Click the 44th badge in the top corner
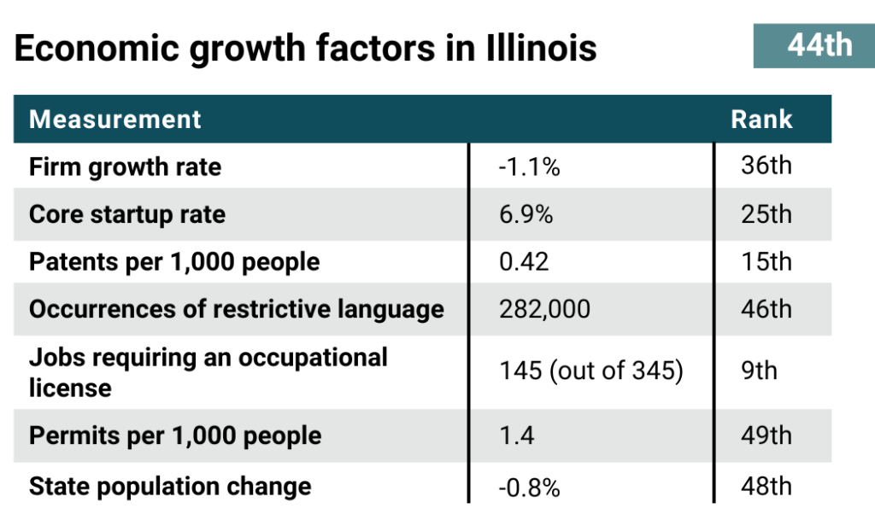(x=819, y=45)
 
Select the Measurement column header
(x=115, y=119)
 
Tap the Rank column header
(x=761, y=119)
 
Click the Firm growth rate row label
(x=125, y=166)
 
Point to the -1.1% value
(x=529, y=167)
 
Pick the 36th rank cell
(x=766, y=165)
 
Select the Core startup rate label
(x=127, y=214)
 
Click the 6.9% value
(x=526, y=214)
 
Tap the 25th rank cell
(x=766, y=213)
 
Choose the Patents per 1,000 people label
(x=174, y=261)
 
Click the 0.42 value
(x=524, y=261)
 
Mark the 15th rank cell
(x=766, y=260)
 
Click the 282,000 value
(x=544, y=309)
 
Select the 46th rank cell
(x=766, y=308)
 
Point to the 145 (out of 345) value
(x=590, y=372)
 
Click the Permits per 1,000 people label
(x=175, y=435)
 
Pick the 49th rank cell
(x=766, y=435)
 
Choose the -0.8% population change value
(x=529, y=488)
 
